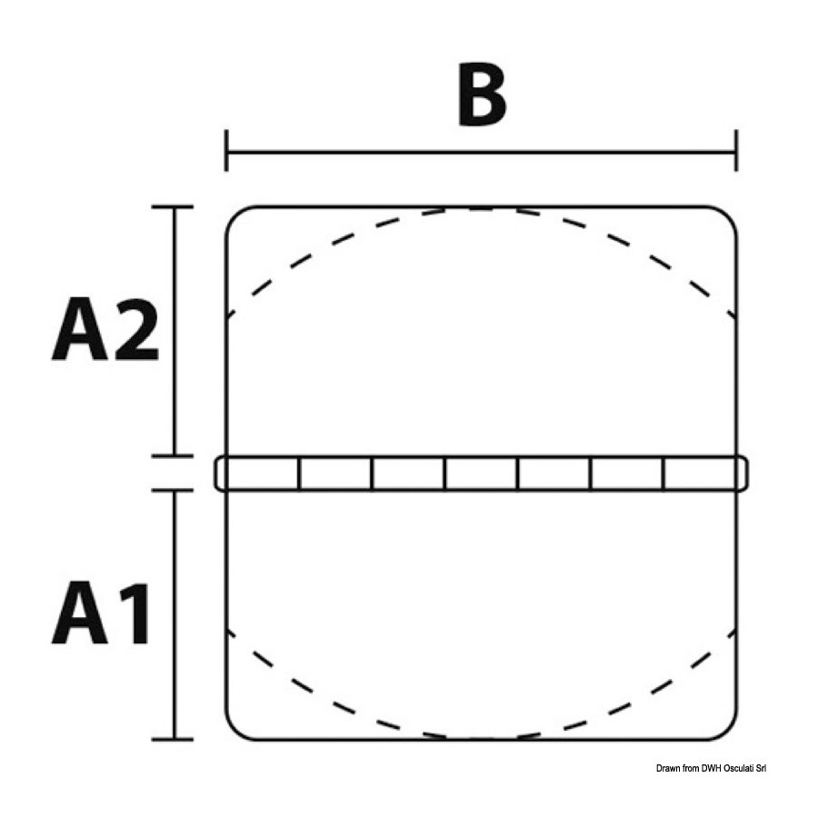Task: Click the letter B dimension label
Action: tap(482, 95)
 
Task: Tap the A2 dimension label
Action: tap(105, 329)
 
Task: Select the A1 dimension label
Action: tap(101, 613)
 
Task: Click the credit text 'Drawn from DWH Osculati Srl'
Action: tap(711, 768)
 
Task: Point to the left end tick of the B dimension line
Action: tap(226, 151)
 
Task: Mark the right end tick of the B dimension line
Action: tap(736, 151)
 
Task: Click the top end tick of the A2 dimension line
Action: tap(173, 207)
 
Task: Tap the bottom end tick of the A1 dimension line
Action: tap(173, 739)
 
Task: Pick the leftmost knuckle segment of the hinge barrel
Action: tap(257, 474)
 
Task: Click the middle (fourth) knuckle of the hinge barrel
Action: tap(482, 474)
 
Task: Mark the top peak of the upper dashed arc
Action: tap(481, 209)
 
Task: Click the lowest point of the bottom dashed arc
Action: tap(481, 738)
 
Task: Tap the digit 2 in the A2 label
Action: tap(136, 329)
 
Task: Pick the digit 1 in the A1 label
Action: tap(135, 613)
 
